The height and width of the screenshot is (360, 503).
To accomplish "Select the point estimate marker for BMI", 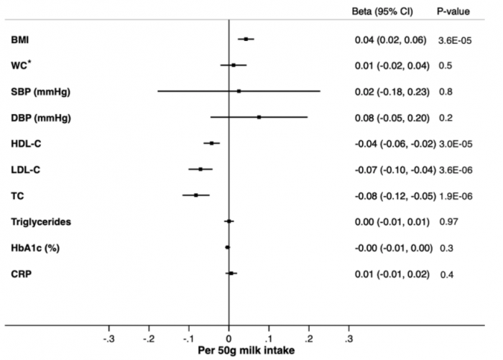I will click(246, 39).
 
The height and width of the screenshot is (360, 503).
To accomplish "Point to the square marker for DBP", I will click(259, 117).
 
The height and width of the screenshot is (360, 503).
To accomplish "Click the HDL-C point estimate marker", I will click(211, 143).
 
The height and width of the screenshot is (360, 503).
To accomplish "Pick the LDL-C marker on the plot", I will click(200, 169).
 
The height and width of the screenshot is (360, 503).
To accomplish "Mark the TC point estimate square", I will click(195, 195).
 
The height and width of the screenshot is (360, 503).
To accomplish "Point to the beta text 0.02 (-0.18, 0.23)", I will click(392, 91).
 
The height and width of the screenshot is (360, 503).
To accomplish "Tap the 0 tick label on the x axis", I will click(229, 337).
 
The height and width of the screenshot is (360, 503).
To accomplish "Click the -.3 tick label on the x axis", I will click(109, 337).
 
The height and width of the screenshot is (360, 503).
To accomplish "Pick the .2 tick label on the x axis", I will click(309, 337).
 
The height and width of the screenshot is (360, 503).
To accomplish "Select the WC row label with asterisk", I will click(21, 65).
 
